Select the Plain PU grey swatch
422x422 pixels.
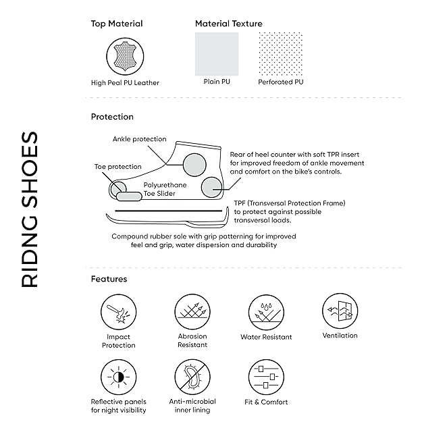[x=217, y=54]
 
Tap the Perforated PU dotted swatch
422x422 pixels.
[x=280, y=54]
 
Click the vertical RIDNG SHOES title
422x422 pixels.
[x=30, y=210]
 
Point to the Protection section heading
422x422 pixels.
[x=112, y=117]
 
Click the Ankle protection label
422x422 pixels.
[x=139, y=139]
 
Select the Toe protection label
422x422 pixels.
[x=117, y=166]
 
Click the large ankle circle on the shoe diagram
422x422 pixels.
[x=192, y=163]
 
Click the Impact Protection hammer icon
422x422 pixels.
[x=119, y=311]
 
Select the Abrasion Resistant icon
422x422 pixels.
[x=192, y=311]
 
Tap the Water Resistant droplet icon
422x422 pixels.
[x=266, y=311]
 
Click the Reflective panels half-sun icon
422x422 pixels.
[x=119, y=377]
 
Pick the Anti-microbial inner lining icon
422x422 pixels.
[x=192, y=377]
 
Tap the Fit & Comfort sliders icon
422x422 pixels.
[x=266, y=377]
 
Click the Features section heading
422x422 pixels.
[x=109, y=279]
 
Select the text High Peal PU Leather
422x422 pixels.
[x=125, y=83]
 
